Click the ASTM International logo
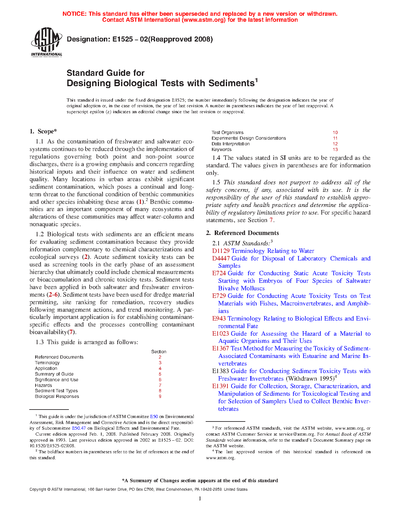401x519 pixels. [x=46, y=42]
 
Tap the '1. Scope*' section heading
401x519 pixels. [x=43, y=131]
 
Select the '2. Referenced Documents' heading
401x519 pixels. [x=242, y=233]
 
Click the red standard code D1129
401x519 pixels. [x=221, y=251]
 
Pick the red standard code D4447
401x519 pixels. [x=221, y=259]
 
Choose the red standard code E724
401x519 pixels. [x=219, y=273]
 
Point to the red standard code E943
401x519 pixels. [x=219, y=319]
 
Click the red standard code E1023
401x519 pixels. [x=220, y=334]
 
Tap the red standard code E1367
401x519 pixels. [x=220, y=349]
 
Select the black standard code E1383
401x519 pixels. [x=220, y=371]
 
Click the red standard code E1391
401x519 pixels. [x=220, y=386]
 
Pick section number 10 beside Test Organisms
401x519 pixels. [x=335, y=133]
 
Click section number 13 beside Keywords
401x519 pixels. [x=335, y=150]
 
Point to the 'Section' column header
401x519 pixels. [x=159, y=352]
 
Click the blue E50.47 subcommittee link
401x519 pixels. [x=79, y=428]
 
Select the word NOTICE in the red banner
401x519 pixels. [x=74, y=14]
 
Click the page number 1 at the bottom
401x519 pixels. [x=200, y=499]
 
